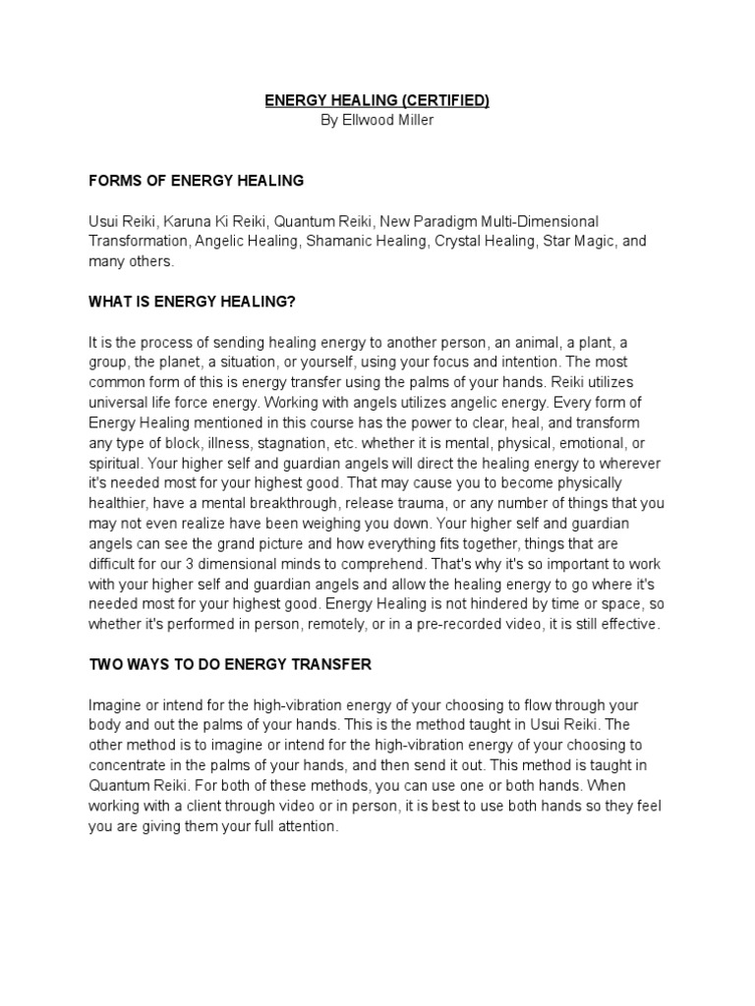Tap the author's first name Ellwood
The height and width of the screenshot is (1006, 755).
(x=367, y=119)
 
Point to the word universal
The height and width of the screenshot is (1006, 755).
(x=119, y=403)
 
